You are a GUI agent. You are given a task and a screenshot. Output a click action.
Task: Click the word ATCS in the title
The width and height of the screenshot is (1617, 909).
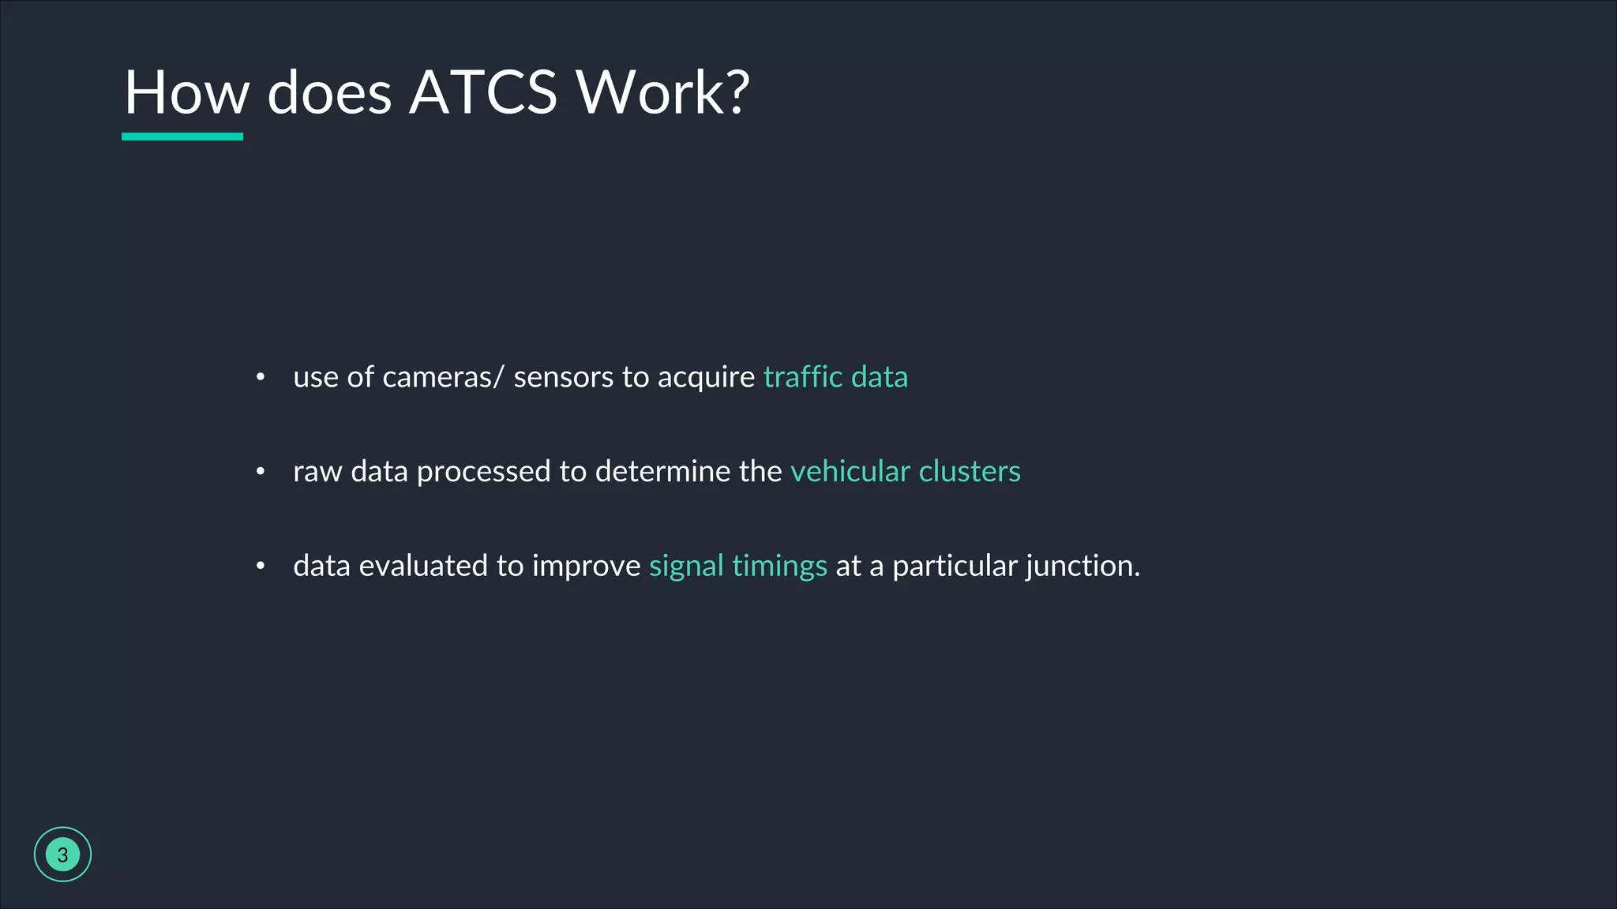(x=483, y=92)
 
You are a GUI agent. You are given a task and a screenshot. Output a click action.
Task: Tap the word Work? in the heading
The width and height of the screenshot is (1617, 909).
(x=662, y=92)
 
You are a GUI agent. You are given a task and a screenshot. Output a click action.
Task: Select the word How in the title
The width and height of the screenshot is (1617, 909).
(x=187, y=92)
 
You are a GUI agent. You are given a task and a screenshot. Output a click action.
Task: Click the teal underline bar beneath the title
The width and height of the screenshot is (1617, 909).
(x=182, y=137)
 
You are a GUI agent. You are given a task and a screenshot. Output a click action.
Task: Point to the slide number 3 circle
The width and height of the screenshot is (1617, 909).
(x=62, y=855)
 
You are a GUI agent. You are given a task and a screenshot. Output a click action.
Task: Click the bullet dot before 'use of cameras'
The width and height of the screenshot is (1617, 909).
(x=261, y=377)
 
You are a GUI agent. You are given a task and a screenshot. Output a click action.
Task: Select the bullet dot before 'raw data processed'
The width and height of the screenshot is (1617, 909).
(x=261, y=472)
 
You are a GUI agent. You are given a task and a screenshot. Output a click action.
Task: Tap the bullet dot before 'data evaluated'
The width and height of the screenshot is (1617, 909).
(x=261, y=566)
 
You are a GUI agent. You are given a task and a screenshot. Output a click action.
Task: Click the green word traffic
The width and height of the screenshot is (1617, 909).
(x=803, y=377)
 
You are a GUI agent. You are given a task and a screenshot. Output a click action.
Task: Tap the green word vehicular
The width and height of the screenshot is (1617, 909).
(x=850, y=471)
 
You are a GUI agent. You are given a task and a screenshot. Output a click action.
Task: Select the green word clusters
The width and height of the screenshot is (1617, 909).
(x=970, y=471)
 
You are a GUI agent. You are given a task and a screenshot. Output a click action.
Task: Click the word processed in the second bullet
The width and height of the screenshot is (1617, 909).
(x=483, y=472)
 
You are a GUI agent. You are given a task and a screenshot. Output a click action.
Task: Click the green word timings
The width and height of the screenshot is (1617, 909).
(x=779, y=567)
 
